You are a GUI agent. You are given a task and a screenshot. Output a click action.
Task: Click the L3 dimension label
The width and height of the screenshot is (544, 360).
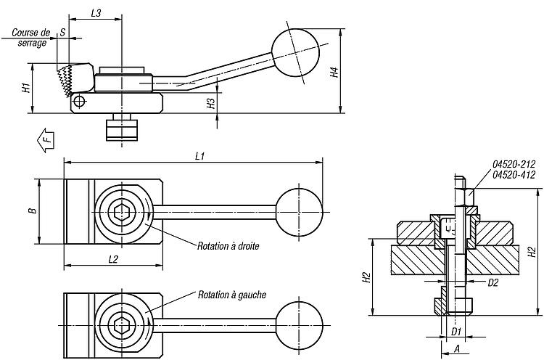click(x=96, y=13)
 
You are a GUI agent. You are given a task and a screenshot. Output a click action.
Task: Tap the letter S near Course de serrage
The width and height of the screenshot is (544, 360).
click(x=62, y=32)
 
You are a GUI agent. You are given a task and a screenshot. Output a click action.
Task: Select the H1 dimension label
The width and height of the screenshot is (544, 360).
click(x=26, y=88)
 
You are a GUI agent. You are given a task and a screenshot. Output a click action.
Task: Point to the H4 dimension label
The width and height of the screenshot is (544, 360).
click(x=334, y=72)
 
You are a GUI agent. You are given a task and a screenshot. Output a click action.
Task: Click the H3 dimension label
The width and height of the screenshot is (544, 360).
click(x=211, y=104)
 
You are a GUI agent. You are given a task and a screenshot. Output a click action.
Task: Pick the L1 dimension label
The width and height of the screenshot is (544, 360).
click(x=199, y=156)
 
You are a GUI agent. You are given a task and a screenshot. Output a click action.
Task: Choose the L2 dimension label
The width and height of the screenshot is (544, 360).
click(x=113, y=259)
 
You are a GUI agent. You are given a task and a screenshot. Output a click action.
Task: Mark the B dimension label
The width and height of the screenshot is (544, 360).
click(x=33, y=210)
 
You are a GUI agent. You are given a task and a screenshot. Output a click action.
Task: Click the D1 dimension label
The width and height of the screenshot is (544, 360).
click(x=456, y=332)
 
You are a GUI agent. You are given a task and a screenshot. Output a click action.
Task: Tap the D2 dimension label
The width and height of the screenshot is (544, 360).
click(x=493, y=282)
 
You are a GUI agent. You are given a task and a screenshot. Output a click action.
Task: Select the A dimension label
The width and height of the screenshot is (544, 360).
click(x=456, y=348)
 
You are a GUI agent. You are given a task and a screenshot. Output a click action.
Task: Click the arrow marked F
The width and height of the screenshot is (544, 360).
click(x=46, y=140)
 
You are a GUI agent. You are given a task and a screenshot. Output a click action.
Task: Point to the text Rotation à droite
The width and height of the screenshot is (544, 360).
click(x=228, y=246)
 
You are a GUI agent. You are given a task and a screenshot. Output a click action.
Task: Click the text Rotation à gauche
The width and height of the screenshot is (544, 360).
click(x=232, y=295)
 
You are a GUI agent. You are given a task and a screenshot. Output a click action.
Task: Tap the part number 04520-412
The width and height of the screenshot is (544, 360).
click(x=514, y=175)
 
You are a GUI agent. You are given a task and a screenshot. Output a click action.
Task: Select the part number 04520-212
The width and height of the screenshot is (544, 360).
click(x=514, y=164)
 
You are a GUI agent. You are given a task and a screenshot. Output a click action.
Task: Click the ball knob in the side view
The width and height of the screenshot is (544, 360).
click(x=295, y=53)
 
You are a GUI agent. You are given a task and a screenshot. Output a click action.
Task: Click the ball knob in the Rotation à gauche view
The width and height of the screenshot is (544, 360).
click(x=300, y=325)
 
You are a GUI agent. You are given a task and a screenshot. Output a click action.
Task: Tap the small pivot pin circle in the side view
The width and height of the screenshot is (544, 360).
click(x=80, y=102)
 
